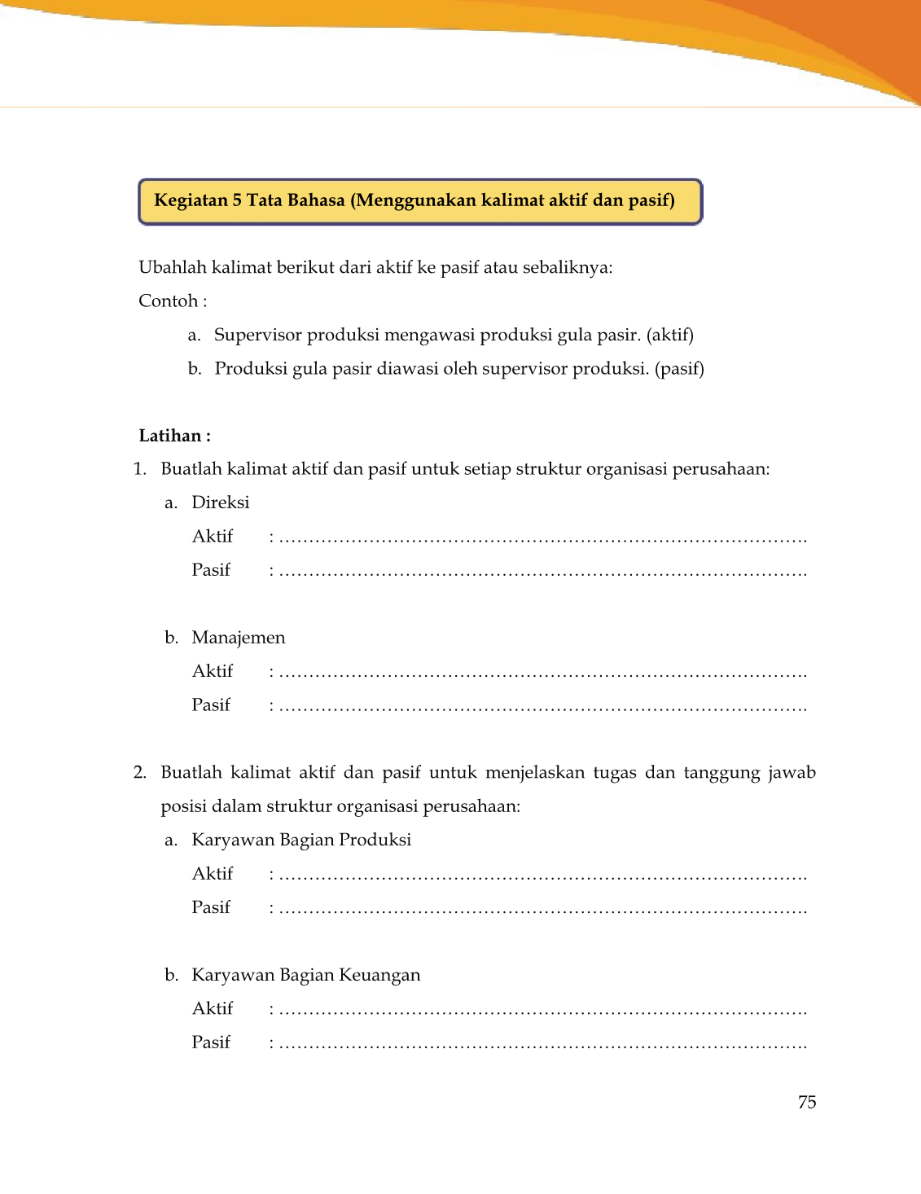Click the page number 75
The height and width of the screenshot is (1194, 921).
point(806,1102)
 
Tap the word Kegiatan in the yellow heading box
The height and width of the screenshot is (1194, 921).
point(191,200)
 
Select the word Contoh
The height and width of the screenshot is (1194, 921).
point(169,301)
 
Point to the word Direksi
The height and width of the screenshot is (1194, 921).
point(220,503)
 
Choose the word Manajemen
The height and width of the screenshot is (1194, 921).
point(238,638)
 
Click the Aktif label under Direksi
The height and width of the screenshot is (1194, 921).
point(212,536)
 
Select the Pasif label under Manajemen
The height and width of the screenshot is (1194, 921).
point(211,705)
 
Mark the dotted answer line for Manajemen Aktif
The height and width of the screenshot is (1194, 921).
point(542,674)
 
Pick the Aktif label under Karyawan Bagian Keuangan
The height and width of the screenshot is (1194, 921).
point(212,1008)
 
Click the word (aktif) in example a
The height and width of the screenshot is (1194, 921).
point(669,335)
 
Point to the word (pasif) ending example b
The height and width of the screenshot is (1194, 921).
point(679,369)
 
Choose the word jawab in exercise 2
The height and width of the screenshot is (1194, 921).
point(792,773)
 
